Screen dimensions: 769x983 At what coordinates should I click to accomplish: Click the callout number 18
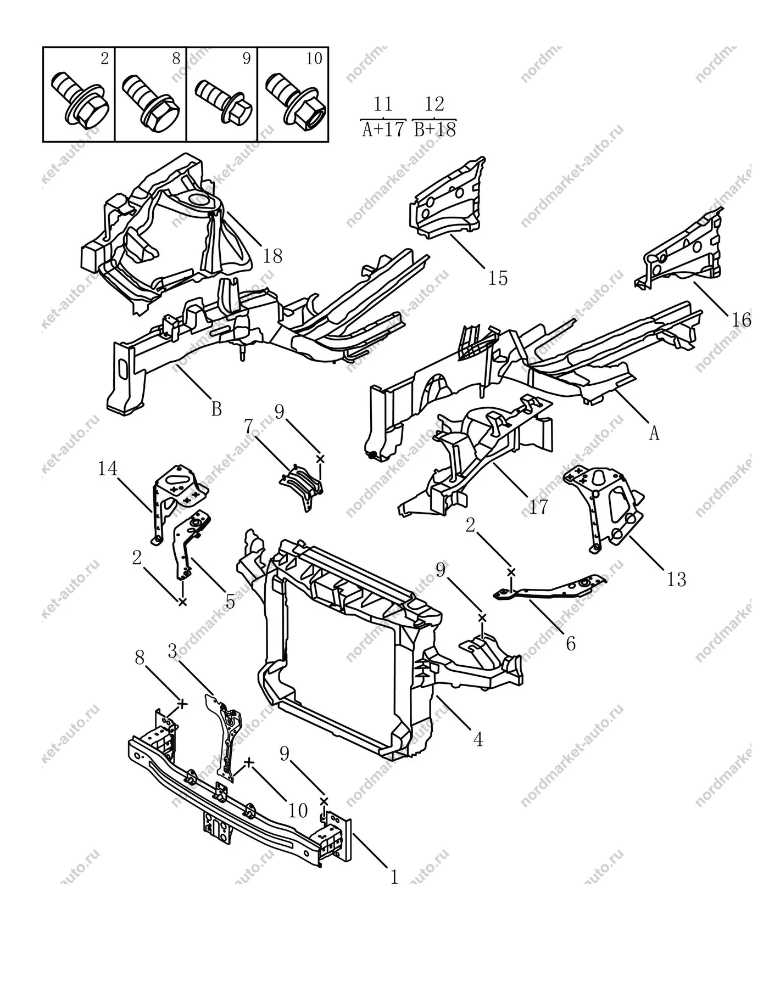272,256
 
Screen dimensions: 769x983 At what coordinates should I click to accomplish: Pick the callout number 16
741,319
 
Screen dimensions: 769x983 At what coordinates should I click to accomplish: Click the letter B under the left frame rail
216,409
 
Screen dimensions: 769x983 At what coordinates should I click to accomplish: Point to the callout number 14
108,469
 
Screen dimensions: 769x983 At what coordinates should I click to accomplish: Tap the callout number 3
173,651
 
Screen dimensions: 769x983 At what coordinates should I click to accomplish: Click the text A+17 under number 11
383,130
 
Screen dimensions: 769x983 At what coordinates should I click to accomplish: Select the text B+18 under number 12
434,130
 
